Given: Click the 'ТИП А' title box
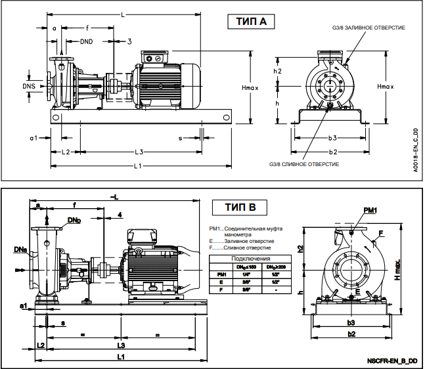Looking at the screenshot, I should (251, 22).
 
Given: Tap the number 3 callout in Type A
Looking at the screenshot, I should (129, 41).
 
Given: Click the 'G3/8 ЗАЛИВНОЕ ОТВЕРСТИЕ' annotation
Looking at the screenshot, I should (367, 28).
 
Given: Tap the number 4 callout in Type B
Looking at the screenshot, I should (120, 215).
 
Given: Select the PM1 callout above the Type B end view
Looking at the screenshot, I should (370, 209).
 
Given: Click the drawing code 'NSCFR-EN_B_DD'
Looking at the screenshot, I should (392, 361).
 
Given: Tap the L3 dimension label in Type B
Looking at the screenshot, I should (121, 345).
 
